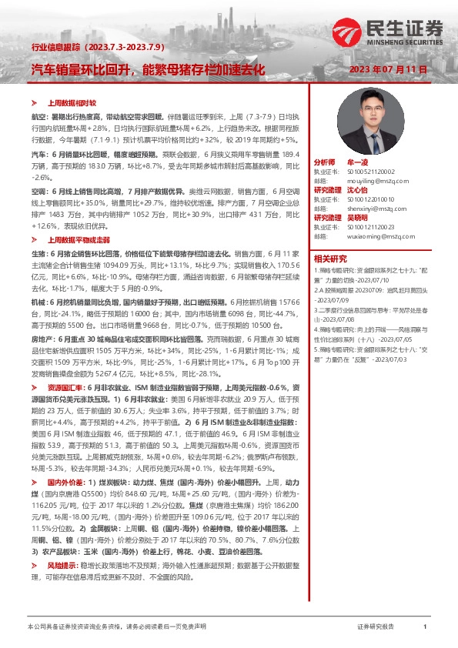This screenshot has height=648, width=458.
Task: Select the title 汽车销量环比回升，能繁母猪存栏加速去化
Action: point(148,68)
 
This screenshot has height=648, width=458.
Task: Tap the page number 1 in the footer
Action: point(425,627)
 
